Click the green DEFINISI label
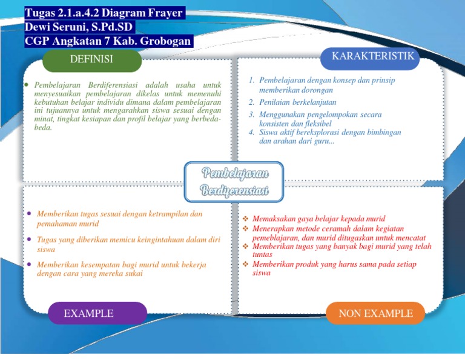tap(91, 59)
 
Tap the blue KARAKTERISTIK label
tap(373, 56)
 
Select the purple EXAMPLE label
tap(88, 313)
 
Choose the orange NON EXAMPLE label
tap(375, 313)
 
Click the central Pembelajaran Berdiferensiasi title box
tap(235, 182)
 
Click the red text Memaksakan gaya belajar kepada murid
tap(318, 219)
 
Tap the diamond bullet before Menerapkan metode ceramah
tap(245, 228)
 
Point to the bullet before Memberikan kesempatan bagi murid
tap(30, 265)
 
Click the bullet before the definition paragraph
tap(27, 85)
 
